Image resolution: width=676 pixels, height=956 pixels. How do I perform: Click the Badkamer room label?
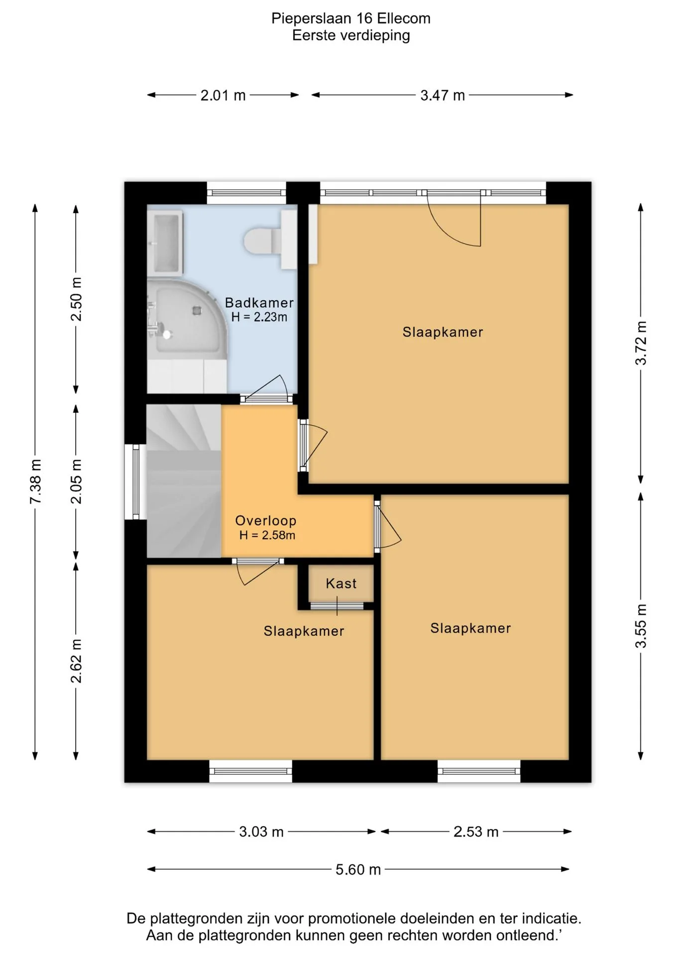[259, 302]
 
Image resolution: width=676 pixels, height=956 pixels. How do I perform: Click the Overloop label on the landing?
[265, 520]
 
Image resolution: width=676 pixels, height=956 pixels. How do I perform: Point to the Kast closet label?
[341, 583]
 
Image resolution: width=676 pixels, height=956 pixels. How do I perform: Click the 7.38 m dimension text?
[35, 481]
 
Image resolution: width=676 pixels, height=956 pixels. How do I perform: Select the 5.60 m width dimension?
[358, 869]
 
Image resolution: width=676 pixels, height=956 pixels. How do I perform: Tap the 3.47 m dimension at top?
[443, 95]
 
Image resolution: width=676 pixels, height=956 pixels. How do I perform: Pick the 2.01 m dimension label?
[223, 95]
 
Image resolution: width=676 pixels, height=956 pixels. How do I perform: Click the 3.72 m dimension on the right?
[641, 343]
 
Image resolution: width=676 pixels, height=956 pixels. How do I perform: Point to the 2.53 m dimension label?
[476, 832]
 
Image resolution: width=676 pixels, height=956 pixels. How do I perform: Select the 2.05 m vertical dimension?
[76, 481]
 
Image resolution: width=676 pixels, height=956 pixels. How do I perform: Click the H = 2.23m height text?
[259, 317]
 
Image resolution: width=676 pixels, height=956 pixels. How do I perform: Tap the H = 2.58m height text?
[267, 535]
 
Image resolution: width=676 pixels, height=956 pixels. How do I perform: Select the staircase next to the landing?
[184, 481]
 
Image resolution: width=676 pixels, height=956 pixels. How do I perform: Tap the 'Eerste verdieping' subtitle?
[351, 35]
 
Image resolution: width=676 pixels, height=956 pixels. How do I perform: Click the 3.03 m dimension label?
[261, 832]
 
